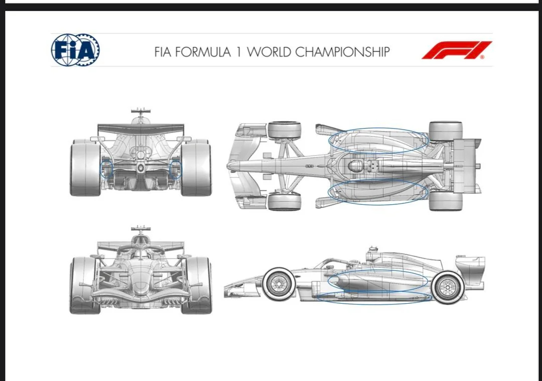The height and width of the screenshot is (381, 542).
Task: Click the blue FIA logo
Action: (75, 50)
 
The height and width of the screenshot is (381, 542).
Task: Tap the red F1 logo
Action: (456, 50)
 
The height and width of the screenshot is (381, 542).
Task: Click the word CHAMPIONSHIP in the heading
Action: (343, 52)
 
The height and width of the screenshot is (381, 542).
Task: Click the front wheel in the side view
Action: (278, 284)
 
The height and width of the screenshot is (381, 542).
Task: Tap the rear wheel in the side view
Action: (446, 287)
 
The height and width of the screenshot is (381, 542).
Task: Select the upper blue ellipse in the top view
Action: (378, 140)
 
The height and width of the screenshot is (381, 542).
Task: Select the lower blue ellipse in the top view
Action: (378, 192)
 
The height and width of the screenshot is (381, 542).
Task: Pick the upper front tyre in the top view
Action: (284, 130)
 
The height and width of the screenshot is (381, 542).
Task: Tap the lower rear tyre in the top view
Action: (445, 201)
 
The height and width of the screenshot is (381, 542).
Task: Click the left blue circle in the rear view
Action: (107, 169)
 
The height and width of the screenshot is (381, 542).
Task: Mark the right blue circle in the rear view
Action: (175, 169)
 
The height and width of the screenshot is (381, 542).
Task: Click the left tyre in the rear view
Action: (85, 168)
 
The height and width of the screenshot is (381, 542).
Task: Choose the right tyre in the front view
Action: (197, 285)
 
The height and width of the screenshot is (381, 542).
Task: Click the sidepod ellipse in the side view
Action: (377, 280)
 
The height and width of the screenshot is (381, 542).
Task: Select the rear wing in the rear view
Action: (141, 129)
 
